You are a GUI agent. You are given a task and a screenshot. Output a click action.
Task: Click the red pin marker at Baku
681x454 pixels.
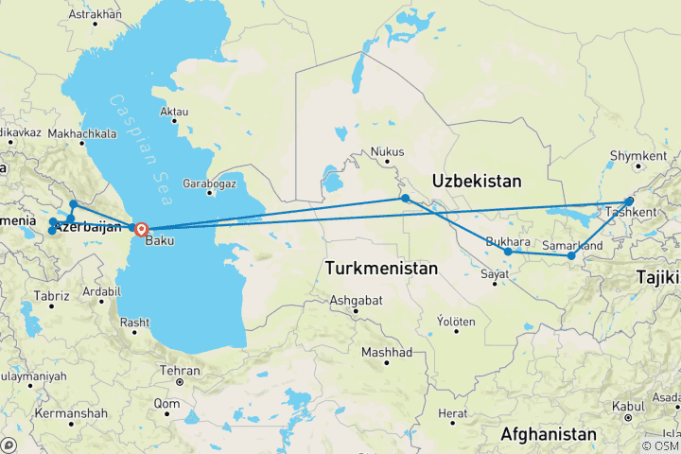coord(141,228)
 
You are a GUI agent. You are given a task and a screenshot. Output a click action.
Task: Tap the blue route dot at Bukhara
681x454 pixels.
coord(508,252)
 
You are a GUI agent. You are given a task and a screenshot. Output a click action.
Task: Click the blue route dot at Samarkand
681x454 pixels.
coord(571,256)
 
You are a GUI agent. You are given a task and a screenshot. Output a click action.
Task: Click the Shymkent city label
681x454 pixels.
coord(633,155)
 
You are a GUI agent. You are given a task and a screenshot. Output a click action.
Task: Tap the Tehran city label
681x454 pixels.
coord(180,371)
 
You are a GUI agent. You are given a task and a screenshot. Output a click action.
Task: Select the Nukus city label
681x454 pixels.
coord(388,151)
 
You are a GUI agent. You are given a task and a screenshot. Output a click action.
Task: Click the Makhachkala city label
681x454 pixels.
coord(80,134)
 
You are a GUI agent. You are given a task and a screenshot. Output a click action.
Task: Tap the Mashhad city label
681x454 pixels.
coord(388,353)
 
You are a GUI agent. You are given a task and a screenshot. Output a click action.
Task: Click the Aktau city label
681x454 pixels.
coord(175,112)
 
